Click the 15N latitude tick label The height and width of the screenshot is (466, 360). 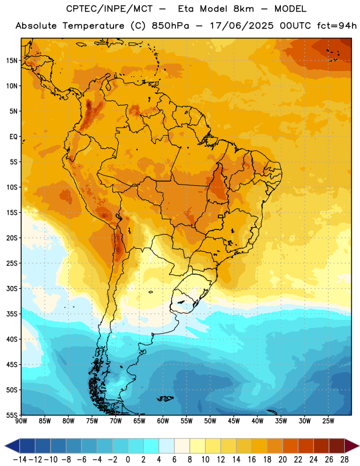(11, 61)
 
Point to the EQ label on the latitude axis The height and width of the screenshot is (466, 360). (13, 137)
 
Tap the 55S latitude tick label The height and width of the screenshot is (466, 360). (11, 415)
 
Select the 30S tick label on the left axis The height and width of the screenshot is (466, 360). (11, 288)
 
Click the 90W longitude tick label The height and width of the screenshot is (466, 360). (21, 421)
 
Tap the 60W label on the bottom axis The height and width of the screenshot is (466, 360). (163, 421)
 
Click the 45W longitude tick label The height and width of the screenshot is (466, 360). (234, 421)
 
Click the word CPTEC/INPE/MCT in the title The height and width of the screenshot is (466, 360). (109, 9)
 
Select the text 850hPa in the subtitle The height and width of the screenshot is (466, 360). (170, 26)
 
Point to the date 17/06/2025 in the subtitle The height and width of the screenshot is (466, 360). (241, 26)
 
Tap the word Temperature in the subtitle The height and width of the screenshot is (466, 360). (93, 26)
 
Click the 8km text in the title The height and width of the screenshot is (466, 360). (243, 9)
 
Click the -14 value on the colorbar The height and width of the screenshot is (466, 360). (20, 460)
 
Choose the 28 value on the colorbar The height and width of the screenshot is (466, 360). (344, 460)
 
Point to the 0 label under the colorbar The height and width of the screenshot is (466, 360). (128, 460)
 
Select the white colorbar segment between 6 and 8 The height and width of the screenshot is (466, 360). (182, 446)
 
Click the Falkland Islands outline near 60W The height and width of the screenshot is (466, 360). (165, 398)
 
